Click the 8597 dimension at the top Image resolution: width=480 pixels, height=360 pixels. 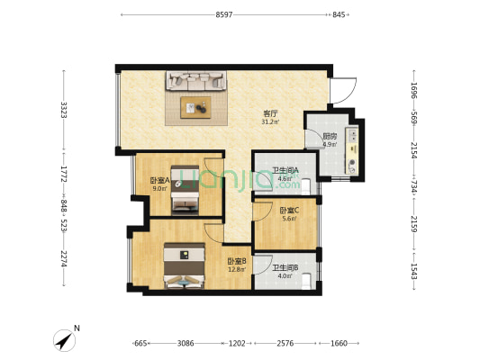[224, 14]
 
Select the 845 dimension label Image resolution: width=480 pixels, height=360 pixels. [339, 14]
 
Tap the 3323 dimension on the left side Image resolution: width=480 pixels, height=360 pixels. [64, 110]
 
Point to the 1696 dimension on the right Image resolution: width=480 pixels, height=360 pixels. [414, 91]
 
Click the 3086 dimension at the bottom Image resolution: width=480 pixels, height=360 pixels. [186, 343]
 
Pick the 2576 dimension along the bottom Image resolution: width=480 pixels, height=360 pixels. [285, 343]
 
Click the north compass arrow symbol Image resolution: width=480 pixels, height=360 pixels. [65, 340]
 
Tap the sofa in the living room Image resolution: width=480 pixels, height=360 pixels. [196, 81]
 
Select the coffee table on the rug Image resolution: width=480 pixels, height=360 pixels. [195, 107]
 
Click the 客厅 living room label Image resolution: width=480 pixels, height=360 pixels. [270, 113]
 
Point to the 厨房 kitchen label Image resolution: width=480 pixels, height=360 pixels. [330, 136]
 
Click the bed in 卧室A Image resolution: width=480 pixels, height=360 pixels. [185, 190]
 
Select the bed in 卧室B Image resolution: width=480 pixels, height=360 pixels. [184, 265]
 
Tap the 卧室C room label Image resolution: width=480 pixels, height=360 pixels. [289, 211]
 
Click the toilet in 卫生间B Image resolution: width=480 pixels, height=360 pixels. [306, 281]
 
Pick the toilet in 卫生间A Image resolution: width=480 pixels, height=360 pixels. [306, 187]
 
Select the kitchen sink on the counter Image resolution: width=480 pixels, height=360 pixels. [352, 135]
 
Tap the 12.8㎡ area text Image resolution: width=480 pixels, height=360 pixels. [237, 269]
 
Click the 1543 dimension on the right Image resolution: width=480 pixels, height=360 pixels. [414, 271]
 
